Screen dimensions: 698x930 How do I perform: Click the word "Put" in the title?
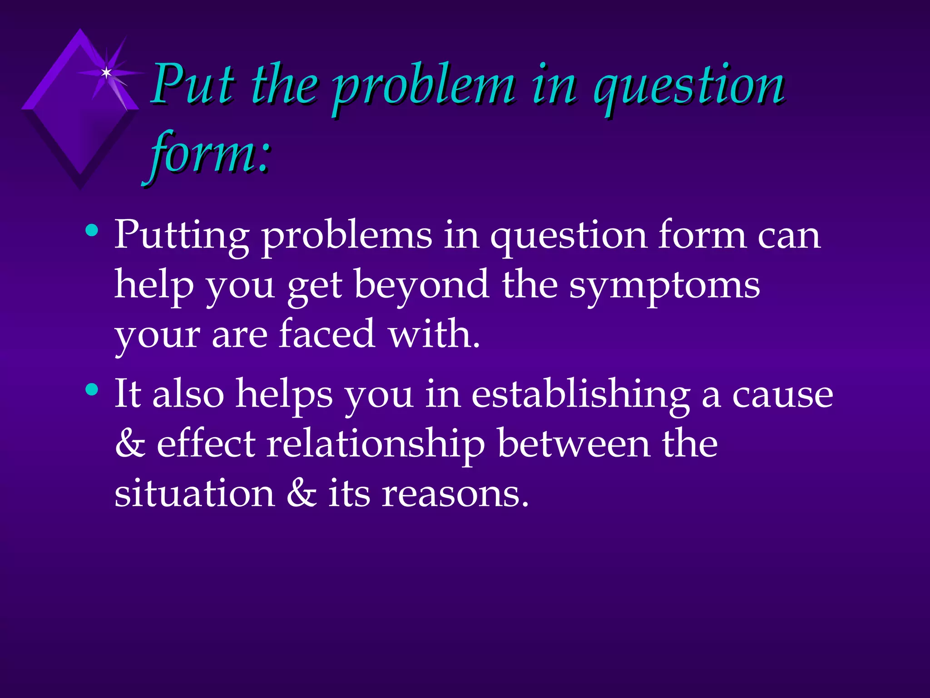tap(193, 84)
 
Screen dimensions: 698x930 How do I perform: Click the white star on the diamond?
tap(106, 72)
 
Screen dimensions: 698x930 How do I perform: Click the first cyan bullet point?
tap(92, 230)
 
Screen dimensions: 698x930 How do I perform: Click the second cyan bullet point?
tap(92, 389)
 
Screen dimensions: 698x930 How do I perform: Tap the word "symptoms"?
tap(664, 286)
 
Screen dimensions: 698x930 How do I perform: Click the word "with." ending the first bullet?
tap(434, 334)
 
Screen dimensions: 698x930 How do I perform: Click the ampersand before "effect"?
tap(130, 444)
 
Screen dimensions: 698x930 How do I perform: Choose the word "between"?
tap(573, 444)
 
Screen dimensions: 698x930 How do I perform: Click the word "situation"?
tap(194, 493)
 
